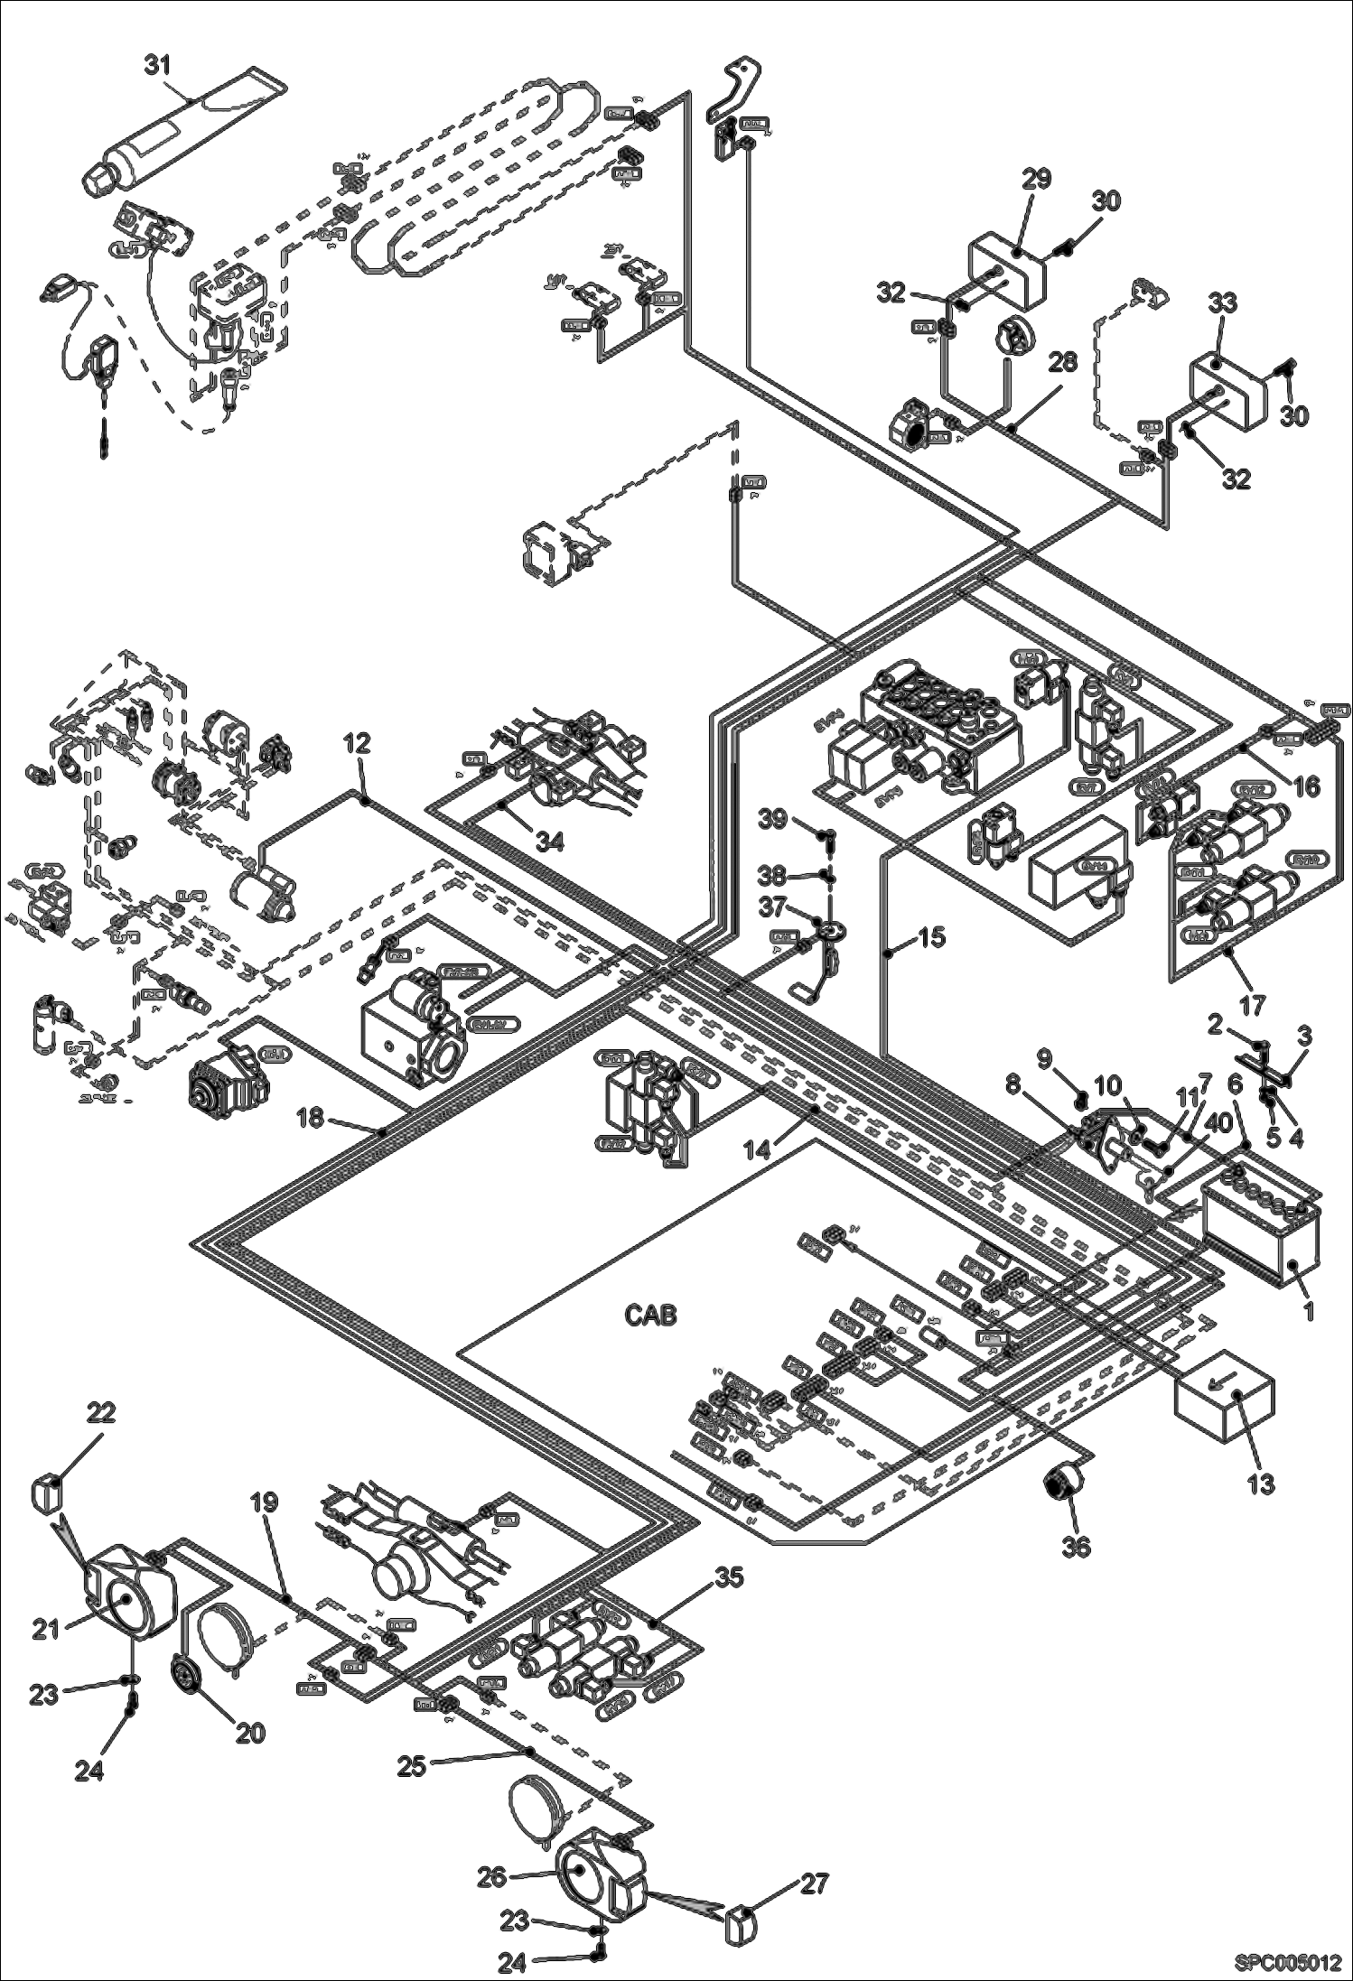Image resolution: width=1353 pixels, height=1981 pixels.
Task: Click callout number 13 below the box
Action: click(1261, 1483)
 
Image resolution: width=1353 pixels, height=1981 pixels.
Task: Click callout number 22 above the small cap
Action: click(100, 1411)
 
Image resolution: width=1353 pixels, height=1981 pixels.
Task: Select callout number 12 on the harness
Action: click(357, 744)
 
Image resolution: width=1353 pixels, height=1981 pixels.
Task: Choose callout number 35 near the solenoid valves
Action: click(730, 1577)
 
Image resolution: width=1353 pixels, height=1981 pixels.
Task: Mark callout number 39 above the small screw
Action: click(772, 818)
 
